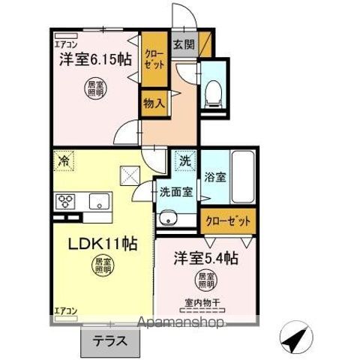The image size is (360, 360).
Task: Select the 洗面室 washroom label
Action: (x=175, y=192)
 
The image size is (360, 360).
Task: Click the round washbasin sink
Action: (x=166, y=219)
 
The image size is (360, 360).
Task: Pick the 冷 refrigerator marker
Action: (x=64, y=159)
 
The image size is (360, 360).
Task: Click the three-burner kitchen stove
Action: (x=64, y=202)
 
